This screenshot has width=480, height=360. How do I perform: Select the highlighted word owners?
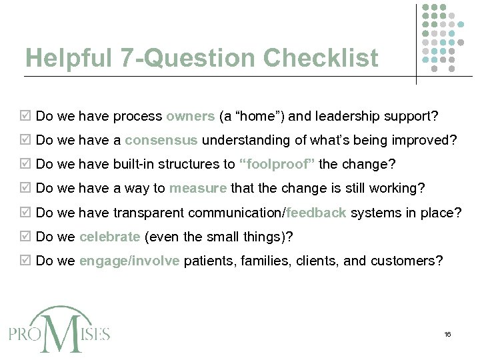click(190, 117)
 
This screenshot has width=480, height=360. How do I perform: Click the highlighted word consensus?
click(161, 141)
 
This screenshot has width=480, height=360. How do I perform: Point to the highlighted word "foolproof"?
click(277, 165)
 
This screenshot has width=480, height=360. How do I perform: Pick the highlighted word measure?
click(198, 189)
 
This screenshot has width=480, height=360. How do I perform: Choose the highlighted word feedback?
click(316, 213)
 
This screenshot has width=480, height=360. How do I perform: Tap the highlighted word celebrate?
click(109, 237)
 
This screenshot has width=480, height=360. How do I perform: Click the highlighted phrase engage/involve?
click(129, 261)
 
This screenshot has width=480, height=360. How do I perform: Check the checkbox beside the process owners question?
click(26, 117)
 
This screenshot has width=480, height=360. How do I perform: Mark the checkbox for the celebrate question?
click(26, 237)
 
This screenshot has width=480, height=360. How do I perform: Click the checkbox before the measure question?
click(26, 189)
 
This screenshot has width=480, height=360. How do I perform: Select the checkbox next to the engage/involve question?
click(26, 261)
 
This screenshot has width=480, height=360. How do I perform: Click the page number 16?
click(447, 334)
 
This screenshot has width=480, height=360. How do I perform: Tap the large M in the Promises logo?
click(61, 331)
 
